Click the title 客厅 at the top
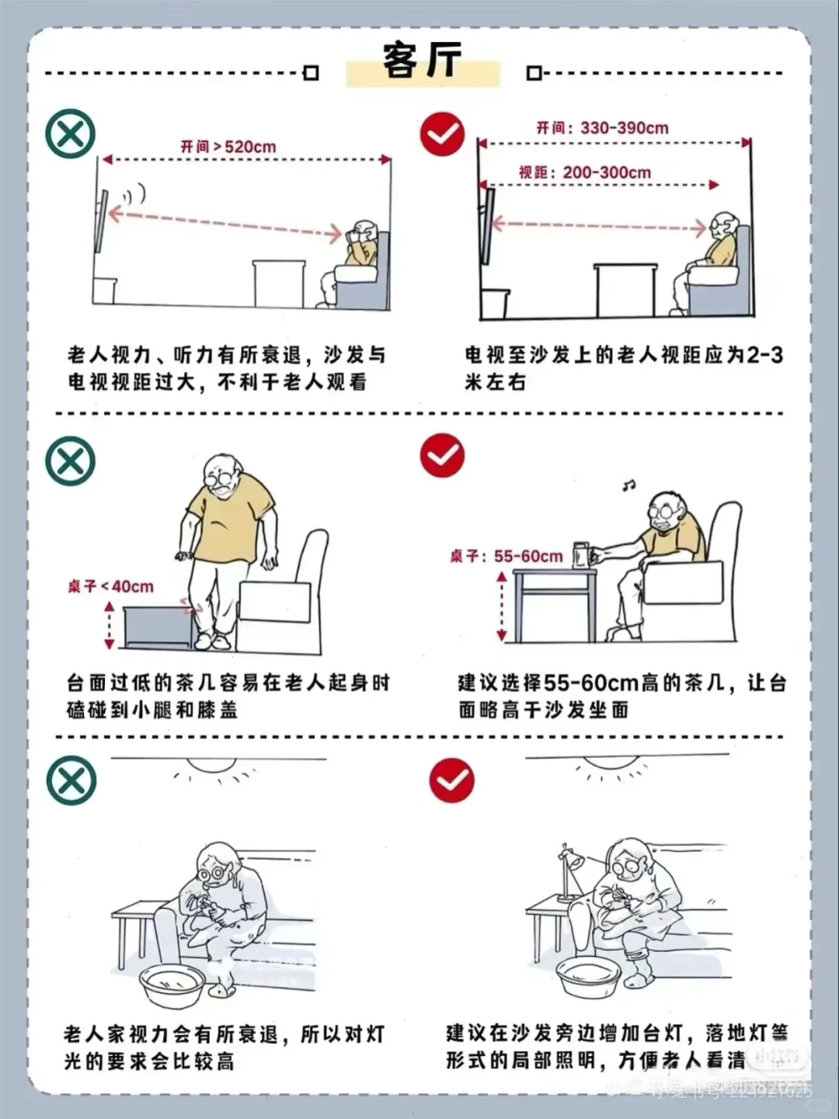click(423, 61)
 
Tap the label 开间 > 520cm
click(228, 146)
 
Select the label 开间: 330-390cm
click(602, 128)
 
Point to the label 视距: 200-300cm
click(584, 172)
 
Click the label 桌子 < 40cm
click(110, 586)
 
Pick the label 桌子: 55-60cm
click(506, 556)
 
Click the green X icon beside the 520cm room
click(70, 134)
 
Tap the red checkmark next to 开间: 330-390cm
click(442, 134)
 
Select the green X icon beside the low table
click(70, 461)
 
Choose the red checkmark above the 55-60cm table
click(442, 455)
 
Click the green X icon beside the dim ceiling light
click(71, 780)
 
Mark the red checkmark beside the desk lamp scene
click(451, 780)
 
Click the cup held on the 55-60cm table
click(580, 555)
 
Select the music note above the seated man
click(628, 485)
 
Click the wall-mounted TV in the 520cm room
click(100, 221)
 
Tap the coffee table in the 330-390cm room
click(625, 289)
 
